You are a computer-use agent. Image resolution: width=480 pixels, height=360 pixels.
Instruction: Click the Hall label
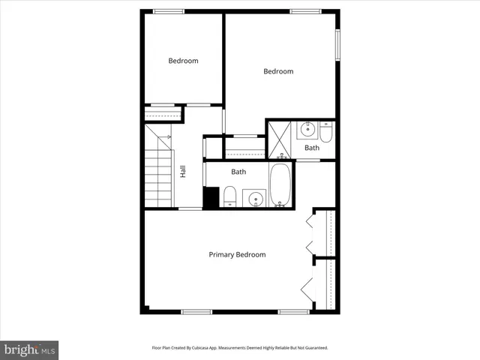tap(183, 171)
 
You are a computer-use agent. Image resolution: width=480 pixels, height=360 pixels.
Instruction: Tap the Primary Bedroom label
tap(237, 255)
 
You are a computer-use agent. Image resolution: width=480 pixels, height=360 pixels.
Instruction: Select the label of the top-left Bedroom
tap(183, 61)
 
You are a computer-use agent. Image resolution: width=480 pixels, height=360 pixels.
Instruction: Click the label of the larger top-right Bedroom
tap(277, 71)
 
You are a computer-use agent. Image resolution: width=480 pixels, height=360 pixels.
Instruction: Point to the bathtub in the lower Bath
tap(280, 186)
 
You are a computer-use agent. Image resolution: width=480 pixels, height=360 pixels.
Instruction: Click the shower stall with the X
tap(281, 136)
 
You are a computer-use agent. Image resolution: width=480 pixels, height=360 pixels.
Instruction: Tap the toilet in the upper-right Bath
tap(325, 133)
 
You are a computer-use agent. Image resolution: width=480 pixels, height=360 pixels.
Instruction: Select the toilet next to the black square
tap(230, 198)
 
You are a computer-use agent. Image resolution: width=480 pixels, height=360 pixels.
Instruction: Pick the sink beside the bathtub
tap(256, 199)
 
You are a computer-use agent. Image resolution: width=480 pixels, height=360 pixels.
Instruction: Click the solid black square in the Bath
tap(211, 197)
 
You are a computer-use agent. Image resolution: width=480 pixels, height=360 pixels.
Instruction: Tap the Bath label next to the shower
tap(311, 148)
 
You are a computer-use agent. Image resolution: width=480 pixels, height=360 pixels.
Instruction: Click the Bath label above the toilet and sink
tap(238, 172)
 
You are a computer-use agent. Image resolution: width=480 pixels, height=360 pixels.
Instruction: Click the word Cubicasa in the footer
tap(211, 348)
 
